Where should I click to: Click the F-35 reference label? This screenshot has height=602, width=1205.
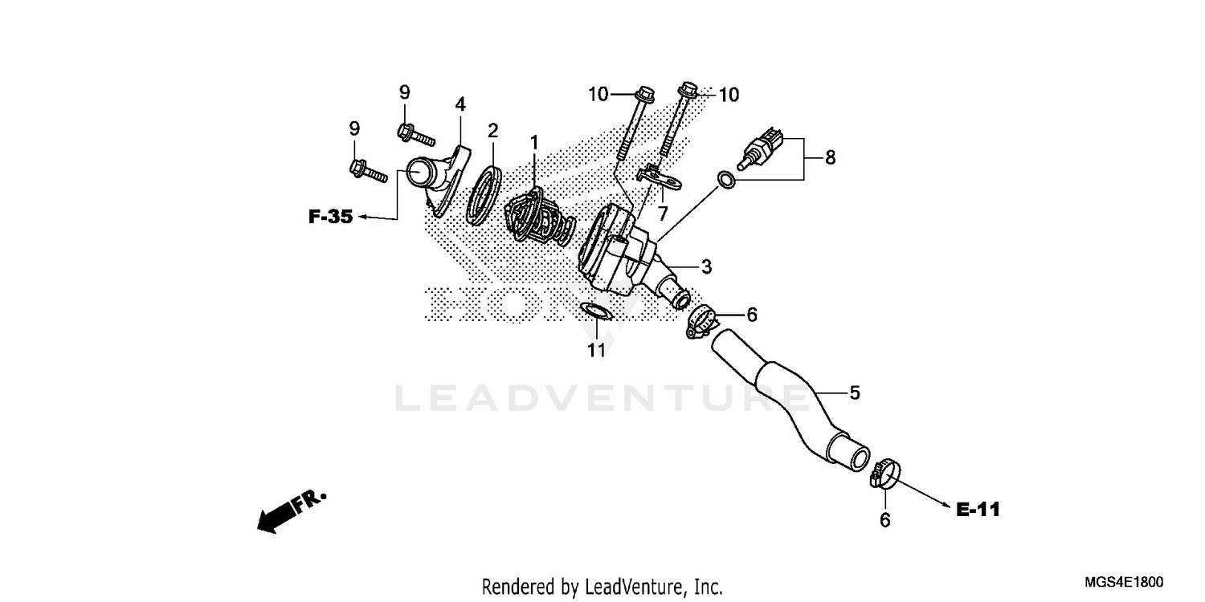point(330,217)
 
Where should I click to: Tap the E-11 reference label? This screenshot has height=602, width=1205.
point(978,509)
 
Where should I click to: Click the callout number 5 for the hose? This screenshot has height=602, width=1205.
point(855,393)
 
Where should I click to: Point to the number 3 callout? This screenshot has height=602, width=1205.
point(705,266)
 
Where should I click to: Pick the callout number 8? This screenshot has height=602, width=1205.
point(830,157)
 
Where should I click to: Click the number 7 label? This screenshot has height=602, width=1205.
point(663,214)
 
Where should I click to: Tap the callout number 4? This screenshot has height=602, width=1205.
point(460,104)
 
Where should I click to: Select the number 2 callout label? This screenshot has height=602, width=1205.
point(492,130)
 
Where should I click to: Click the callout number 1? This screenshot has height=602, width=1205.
point(533,143)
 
